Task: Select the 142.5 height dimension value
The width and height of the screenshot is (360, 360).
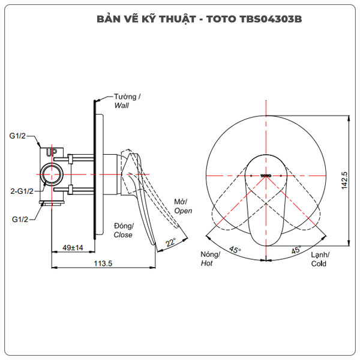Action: click(x=344, y=181)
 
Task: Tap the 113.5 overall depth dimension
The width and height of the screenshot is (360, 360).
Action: click(x=104, y=263)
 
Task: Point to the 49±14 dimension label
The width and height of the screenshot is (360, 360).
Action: click(x=73, y=247)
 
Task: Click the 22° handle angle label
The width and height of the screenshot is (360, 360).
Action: click(x=171, y=242)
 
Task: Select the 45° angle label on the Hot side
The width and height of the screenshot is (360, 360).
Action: click(x=235, y=250)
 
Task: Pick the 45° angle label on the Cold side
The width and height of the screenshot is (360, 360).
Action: click(x=296, y=250)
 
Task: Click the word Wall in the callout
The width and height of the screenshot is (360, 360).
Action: click(x=122, y=105)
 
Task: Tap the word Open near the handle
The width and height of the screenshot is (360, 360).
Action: click(x=183, y=211)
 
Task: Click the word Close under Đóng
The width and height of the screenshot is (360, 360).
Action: click(x=123, y=235)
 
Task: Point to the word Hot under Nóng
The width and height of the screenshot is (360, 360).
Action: click(x=207, y=263)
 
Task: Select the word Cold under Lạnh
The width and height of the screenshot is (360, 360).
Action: click(x=319, y=263)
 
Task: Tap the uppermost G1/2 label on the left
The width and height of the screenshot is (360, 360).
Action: click(x=19, y=136)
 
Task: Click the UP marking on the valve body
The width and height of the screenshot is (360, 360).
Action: click(x=52, y=154)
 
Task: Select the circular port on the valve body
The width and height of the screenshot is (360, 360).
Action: click(x=52, y=175)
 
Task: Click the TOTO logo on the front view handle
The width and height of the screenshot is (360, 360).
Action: click(x=267, y=175)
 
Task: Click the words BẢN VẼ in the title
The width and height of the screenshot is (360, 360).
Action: click(x=118, y=19)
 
